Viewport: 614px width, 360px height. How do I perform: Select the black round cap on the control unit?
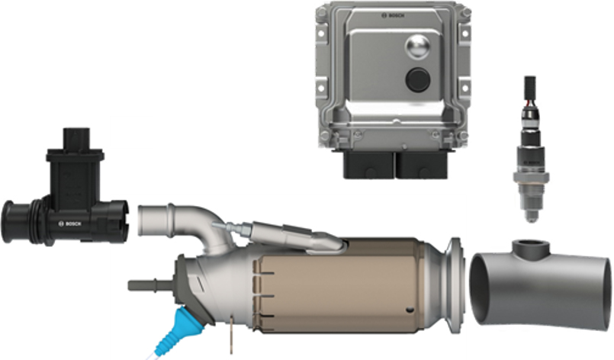(416, 79)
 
